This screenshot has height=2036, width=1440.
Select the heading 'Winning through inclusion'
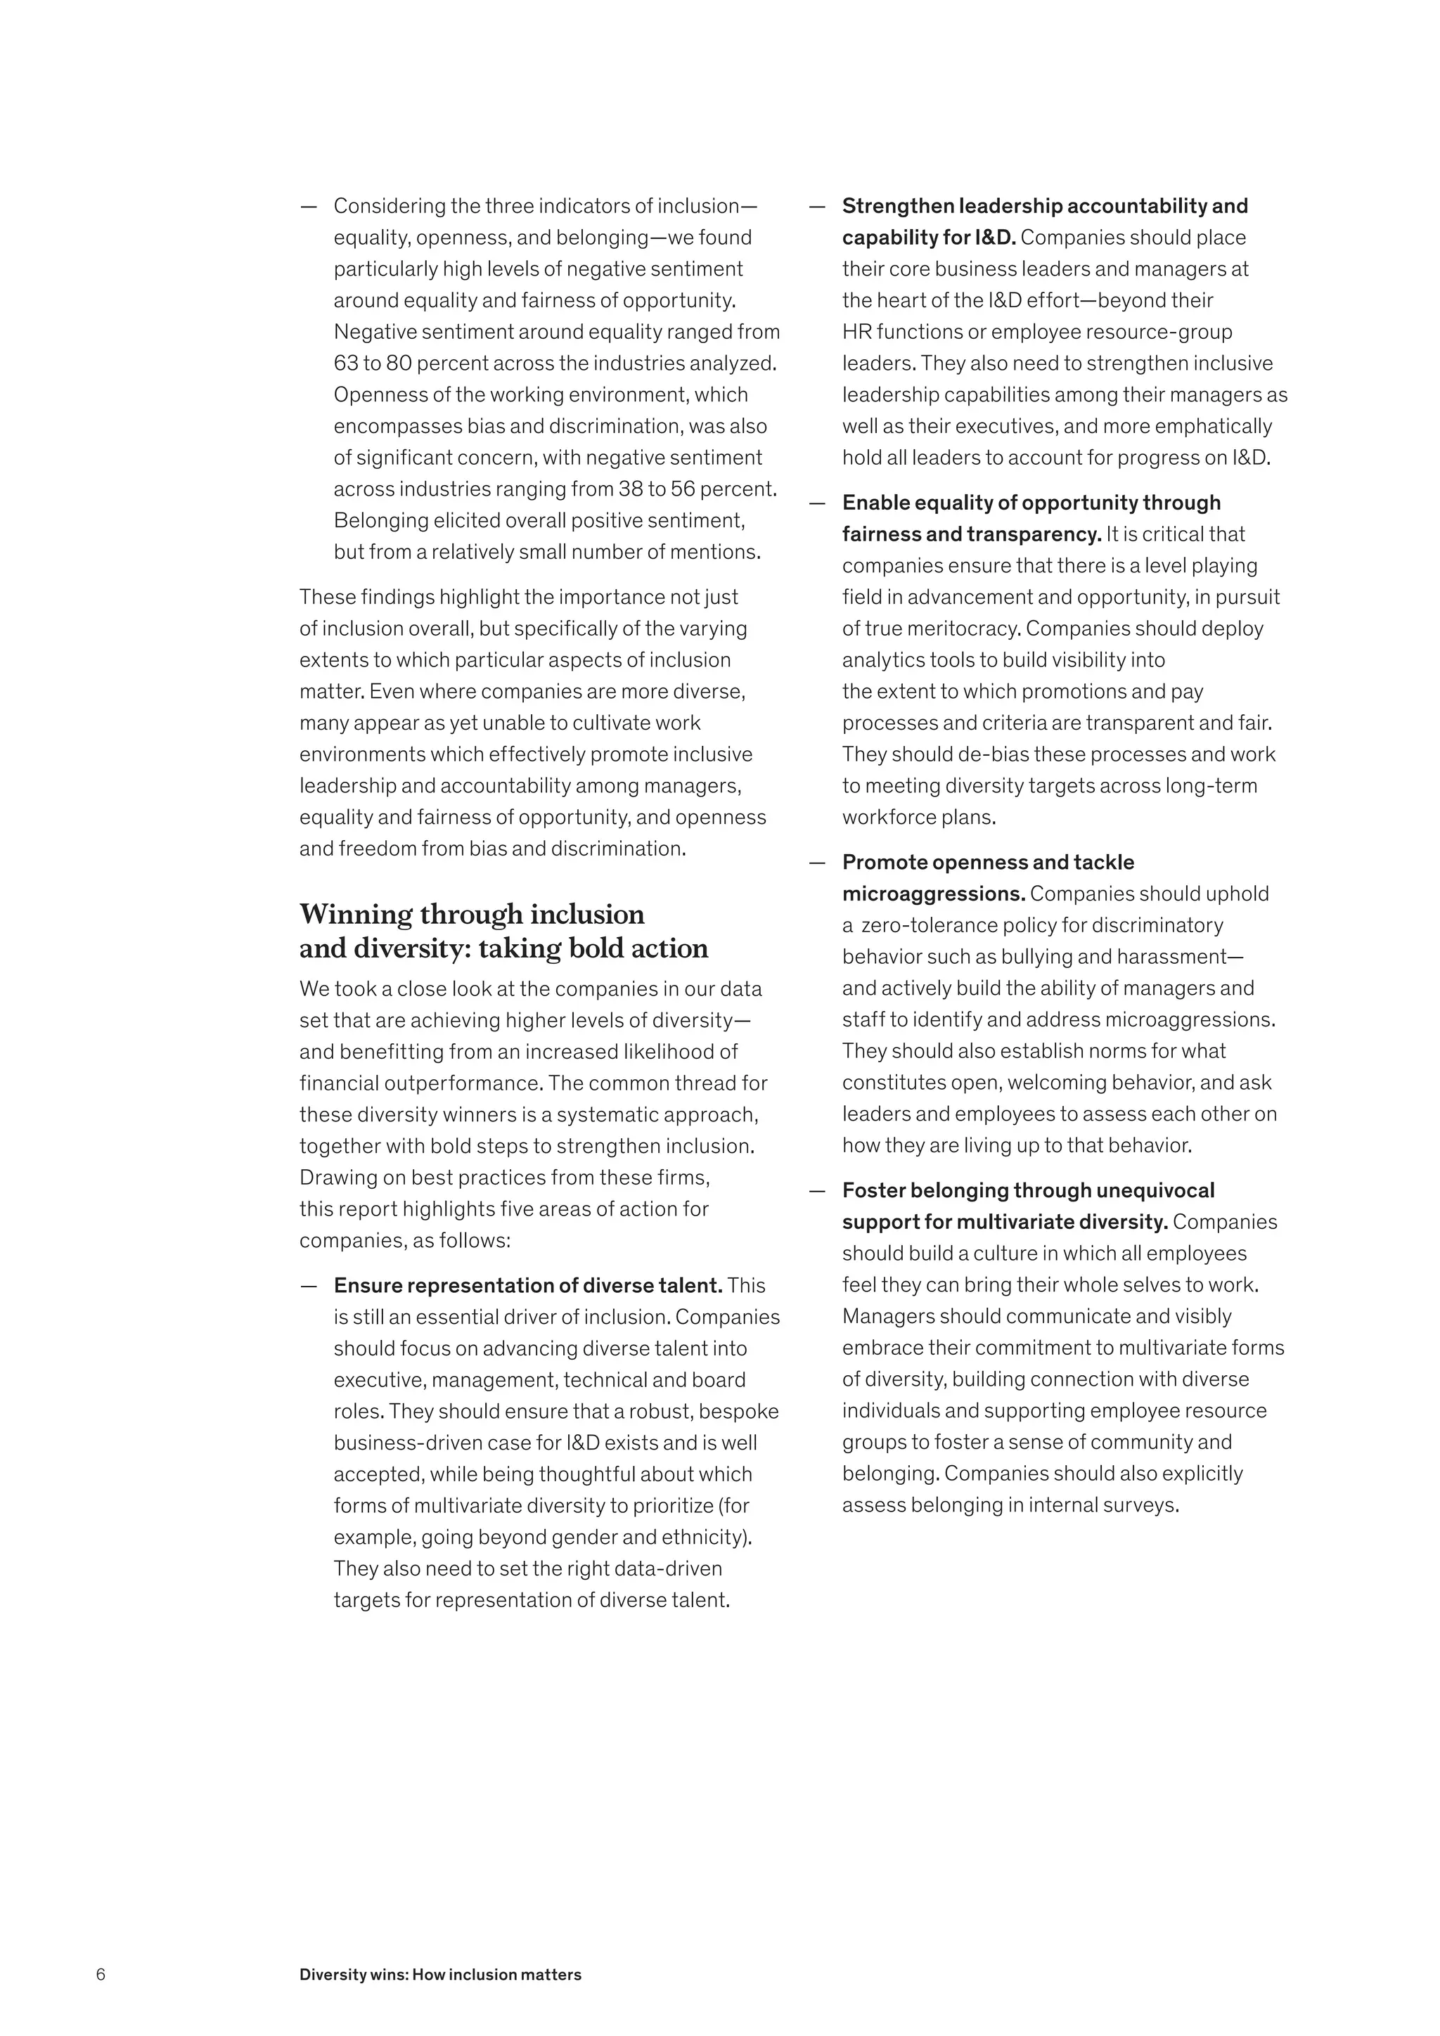click(x=472, y=914)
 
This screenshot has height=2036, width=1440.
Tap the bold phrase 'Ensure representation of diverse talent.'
click(x=527, y=1286)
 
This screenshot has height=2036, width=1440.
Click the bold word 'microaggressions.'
click(x=933, y=894)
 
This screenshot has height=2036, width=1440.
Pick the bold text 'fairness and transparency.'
click(x=971, y=535)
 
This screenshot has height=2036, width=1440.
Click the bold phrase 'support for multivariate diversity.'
click(x=1005, y=1222)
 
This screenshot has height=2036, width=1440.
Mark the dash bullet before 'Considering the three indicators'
click(x=309, y=207)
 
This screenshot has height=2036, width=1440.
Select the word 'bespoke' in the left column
click(x=743, y=1412)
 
